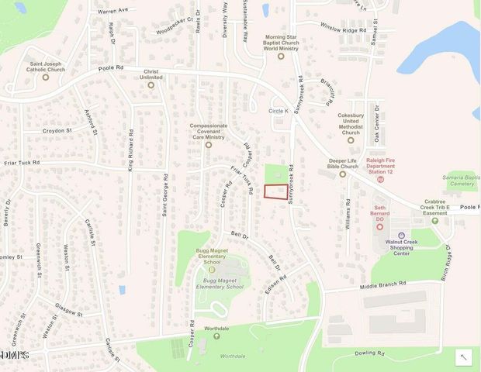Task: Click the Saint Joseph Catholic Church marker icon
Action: click(x=45, y=77)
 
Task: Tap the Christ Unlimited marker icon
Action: click(x=151, y=84)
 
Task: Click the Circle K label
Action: click(x=279, y=111)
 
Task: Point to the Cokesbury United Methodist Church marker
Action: click(x=351, y=140)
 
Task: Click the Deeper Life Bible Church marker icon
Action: click(x=342, y=174)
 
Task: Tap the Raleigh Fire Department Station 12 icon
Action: click(x=380, y=179)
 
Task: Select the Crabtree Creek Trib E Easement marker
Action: click(x=434, y=220)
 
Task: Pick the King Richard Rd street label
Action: click(x=132, y=150)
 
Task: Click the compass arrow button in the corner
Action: click(x=463, y=356)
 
